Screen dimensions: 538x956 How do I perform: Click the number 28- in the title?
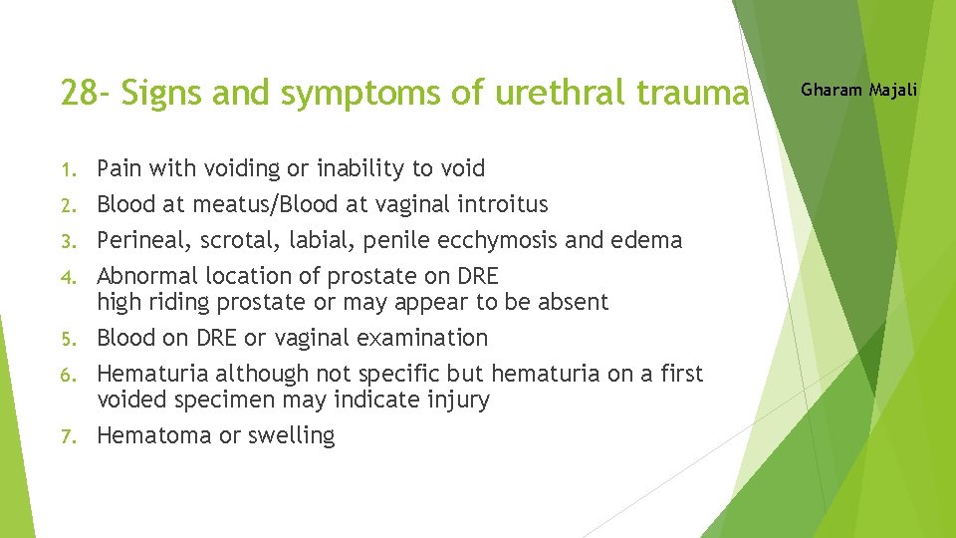click(x=85, y=93)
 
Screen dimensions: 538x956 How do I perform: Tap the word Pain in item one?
click(x=119, y=168)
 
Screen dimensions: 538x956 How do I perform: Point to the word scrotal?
click(x=231, y=240)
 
